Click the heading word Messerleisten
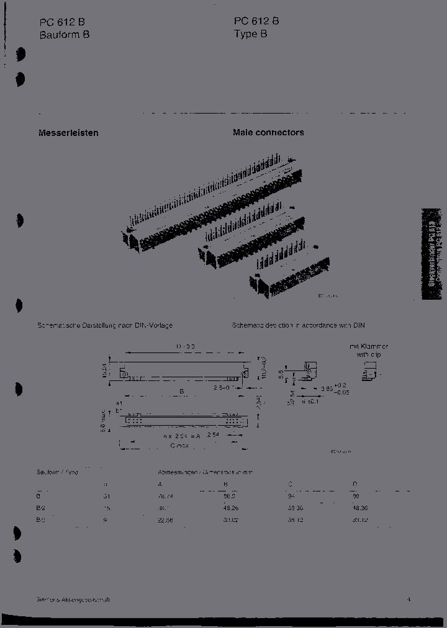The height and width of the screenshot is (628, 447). click(68, 133)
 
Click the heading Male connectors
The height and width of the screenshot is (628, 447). click(268, 133)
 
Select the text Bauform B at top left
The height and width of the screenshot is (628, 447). click(65, 35)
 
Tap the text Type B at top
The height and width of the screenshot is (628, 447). click(250, 34)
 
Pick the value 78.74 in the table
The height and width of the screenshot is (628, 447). click(166, 496)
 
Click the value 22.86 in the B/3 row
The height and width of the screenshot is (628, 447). click(166, 521)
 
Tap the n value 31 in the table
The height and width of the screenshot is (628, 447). click(106, 496)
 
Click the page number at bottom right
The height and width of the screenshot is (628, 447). click(409, 600)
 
